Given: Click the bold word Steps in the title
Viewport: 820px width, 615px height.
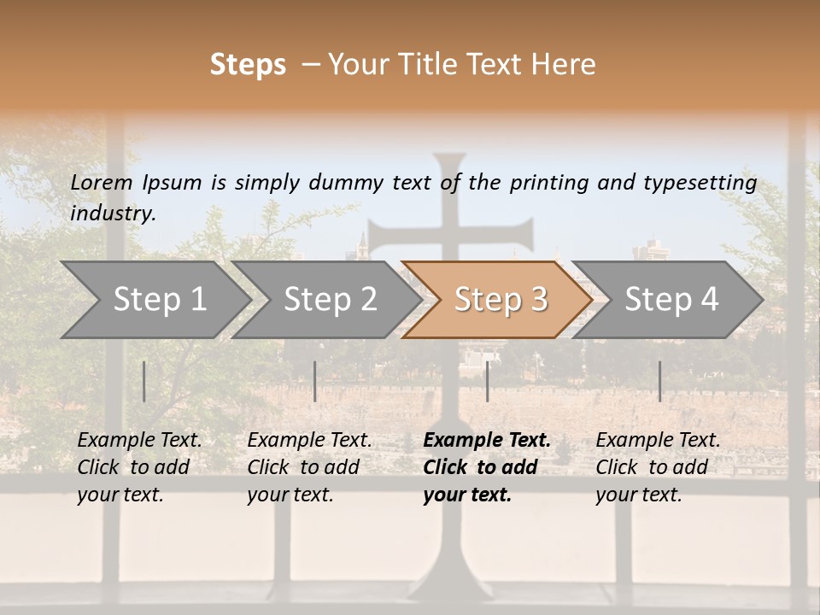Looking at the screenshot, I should click(x=248, y=65).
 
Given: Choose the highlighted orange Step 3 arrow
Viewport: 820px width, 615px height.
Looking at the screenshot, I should click(x=500, y=299).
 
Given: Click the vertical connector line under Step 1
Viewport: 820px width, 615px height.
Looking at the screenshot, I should click(x=143, y=381).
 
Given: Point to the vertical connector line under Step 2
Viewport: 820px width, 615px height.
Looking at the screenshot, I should click(x=314, y=381).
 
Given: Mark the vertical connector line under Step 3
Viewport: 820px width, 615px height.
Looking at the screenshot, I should click(x=487, y=381).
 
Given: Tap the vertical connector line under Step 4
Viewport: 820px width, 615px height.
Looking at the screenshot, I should click(x=659, y=381).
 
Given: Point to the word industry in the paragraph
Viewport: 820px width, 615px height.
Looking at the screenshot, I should click(x=112, y=214).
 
